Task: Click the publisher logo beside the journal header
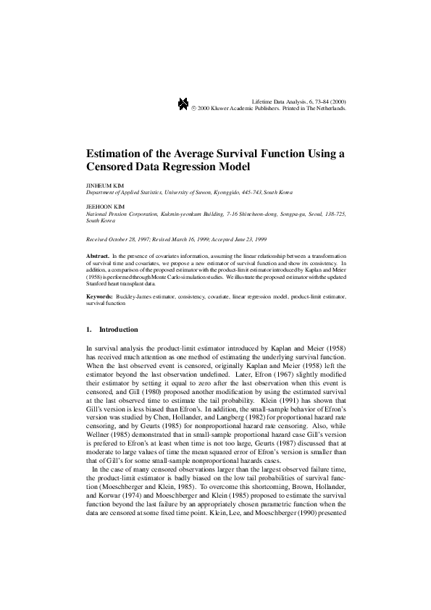pos(183,104)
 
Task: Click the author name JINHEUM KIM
pos(101,186)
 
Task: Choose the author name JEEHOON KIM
pos(101,206)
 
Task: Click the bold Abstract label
pos(97,256)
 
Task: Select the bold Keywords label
pos(99,297)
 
